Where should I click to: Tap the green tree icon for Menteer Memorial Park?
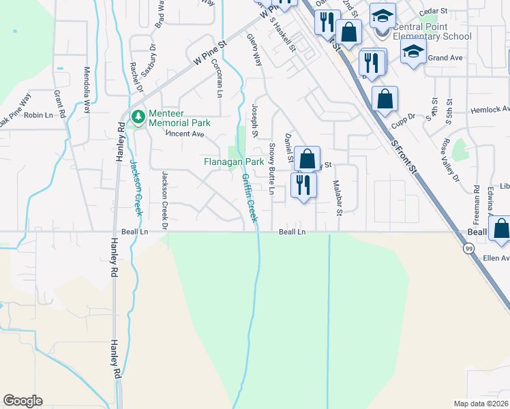click(139, 117)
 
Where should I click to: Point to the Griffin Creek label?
click(249, 198)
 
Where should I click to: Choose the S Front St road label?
click(402, 155)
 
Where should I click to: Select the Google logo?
click(22, 401)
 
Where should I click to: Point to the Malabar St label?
click(337, 197)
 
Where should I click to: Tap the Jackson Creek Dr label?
click(164, 199)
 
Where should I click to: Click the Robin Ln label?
click(38, 115)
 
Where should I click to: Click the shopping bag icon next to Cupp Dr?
click(385, 99)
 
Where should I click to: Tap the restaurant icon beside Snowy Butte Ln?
click(303, 185)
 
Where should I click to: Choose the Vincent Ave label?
click(185, 134)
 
